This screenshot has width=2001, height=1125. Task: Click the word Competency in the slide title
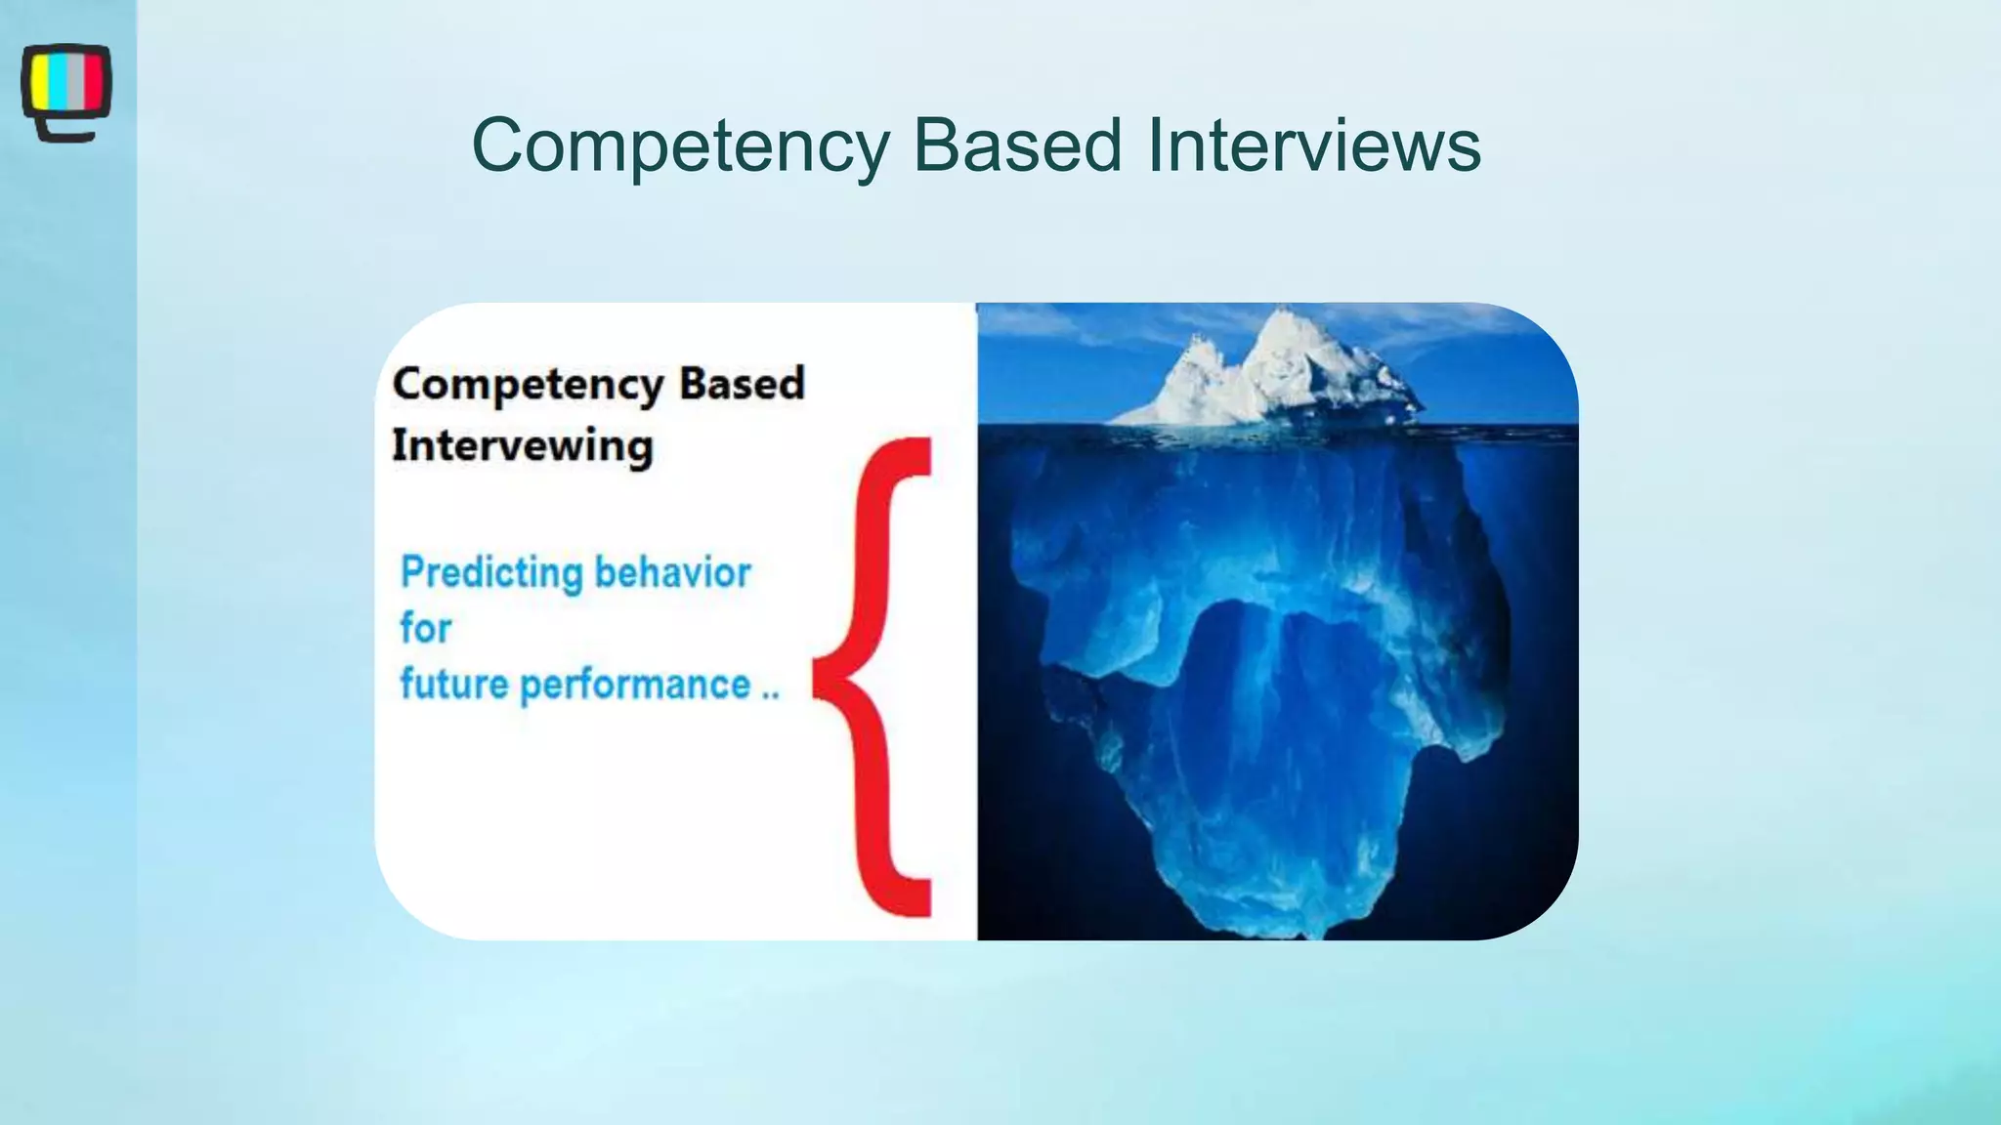680,146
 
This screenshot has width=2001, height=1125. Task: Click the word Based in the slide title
1017,146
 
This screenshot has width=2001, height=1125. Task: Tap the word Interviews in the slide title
1313,146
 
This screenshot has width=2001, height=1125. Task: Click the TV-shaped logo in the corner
66,91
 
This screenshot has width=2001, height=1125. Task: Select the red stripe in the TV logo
94,81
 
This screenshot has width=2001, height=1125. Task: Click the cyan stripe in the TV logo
57,81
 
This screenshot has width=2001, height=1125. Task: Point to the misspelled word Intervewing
522,446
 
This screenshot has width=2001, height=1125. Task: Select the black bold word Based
742,383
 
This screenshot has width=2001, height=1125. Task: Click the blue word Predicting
491,573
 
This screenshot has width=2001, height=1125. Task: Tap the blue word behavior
672,572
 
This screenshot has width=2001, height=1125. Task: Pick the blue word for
425,628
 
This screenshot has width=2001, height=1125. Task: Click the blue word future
454,685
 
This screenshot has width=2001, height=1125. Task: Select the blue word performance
635,686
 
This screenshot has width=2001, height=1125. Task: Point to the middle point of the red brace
821,678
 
